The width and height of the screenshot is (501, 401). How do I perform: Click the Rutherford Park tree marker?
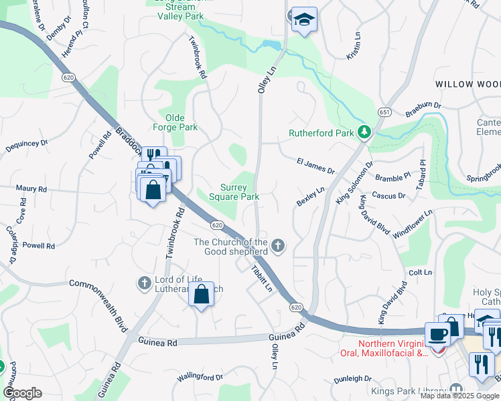(x=364, y=132)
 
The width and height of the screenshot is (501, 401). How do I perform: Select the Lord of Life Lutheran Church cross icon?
(x=143, y=283)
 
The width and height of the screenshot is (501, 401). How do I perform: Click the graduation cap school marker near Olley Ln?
(x=304, y=19)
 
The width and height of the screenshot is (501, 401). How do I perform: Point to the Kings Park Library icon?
(x=456, y=390)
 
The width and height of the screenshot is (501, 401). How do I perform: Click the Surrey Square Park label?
(x=234, y=192)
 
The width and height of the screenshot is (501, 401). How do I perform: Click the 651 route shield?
(x=384, y=111)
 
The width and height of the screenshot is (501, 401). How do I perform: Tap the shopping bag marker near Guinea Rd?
(x=201, y=293)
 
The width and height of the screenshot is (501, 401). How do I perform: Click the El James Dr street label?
(x=315, y=165)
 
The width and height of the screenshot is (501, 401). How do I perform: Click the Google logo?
(x=21, y=393)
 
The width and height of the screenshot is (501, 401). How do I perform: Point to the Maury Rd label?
(x=31, y=190)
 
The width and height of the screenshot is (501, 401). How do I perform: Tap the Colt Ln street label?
(x=420, y=273)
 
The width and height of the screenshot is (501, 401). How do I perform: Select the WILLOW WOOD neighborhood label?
(x=468, y=84)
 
